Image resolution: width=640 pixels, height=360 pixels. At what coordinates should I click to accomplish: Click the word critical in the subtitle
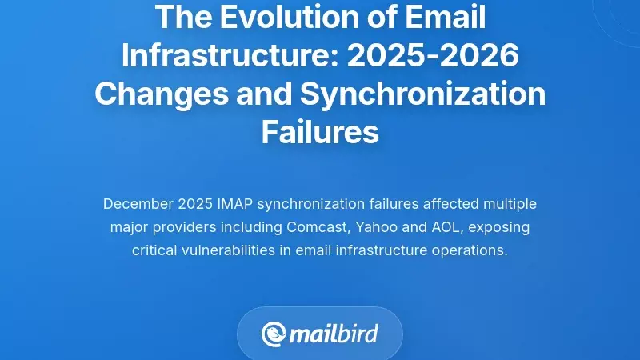pos(155,250)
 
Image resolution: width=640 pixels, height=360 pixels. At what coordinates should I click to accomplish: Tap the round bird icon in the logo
pos(274,334)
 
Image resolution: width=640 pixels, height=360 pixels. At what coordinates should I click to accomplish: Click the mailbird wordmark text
pos(334,333)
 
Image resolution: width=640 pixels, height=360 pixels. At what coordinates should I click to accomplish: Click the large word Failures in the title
pos(320,132)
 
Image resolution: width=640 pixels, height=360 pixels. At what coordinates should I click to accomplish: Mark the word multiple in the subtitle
pos(507,203)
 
